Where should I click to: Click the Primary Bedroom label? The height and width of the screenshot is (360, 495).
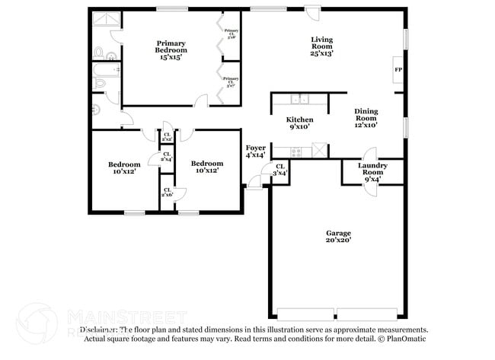pos(172,50)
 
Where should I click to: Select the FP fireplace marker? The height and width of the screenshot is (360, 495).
pos(398,71)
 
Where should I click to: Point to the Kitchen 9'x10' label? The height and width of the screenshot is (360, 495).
pos(299,124)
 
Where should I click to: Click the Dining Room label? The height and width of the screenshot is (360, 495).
pos(366,118)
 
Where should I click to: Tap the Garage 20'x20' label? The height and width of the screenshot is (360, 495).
pos(339,237)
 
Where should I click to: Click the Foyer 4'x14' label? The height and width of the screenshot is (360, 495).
pos(254,151)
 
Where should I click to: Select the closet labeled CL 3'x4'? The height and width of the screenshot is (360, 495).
pos(279,169)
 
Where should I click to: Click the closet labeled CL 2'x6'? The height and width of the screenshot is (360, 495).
pos(167,193)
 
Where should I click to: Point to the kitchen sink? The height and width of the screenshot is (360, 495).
pos(301,99)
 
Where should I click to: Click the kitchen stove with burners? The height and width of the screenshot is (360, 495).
pos(296,151)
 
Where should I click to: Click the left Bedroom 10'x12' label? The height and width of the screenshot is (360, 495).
pos(123,167)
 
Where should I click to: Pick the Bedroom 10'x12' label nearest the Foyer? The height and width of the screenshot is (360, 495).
pos(206,167)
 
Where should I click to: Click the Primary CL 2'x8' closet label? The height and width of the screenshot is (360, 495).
pos(230,33)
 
